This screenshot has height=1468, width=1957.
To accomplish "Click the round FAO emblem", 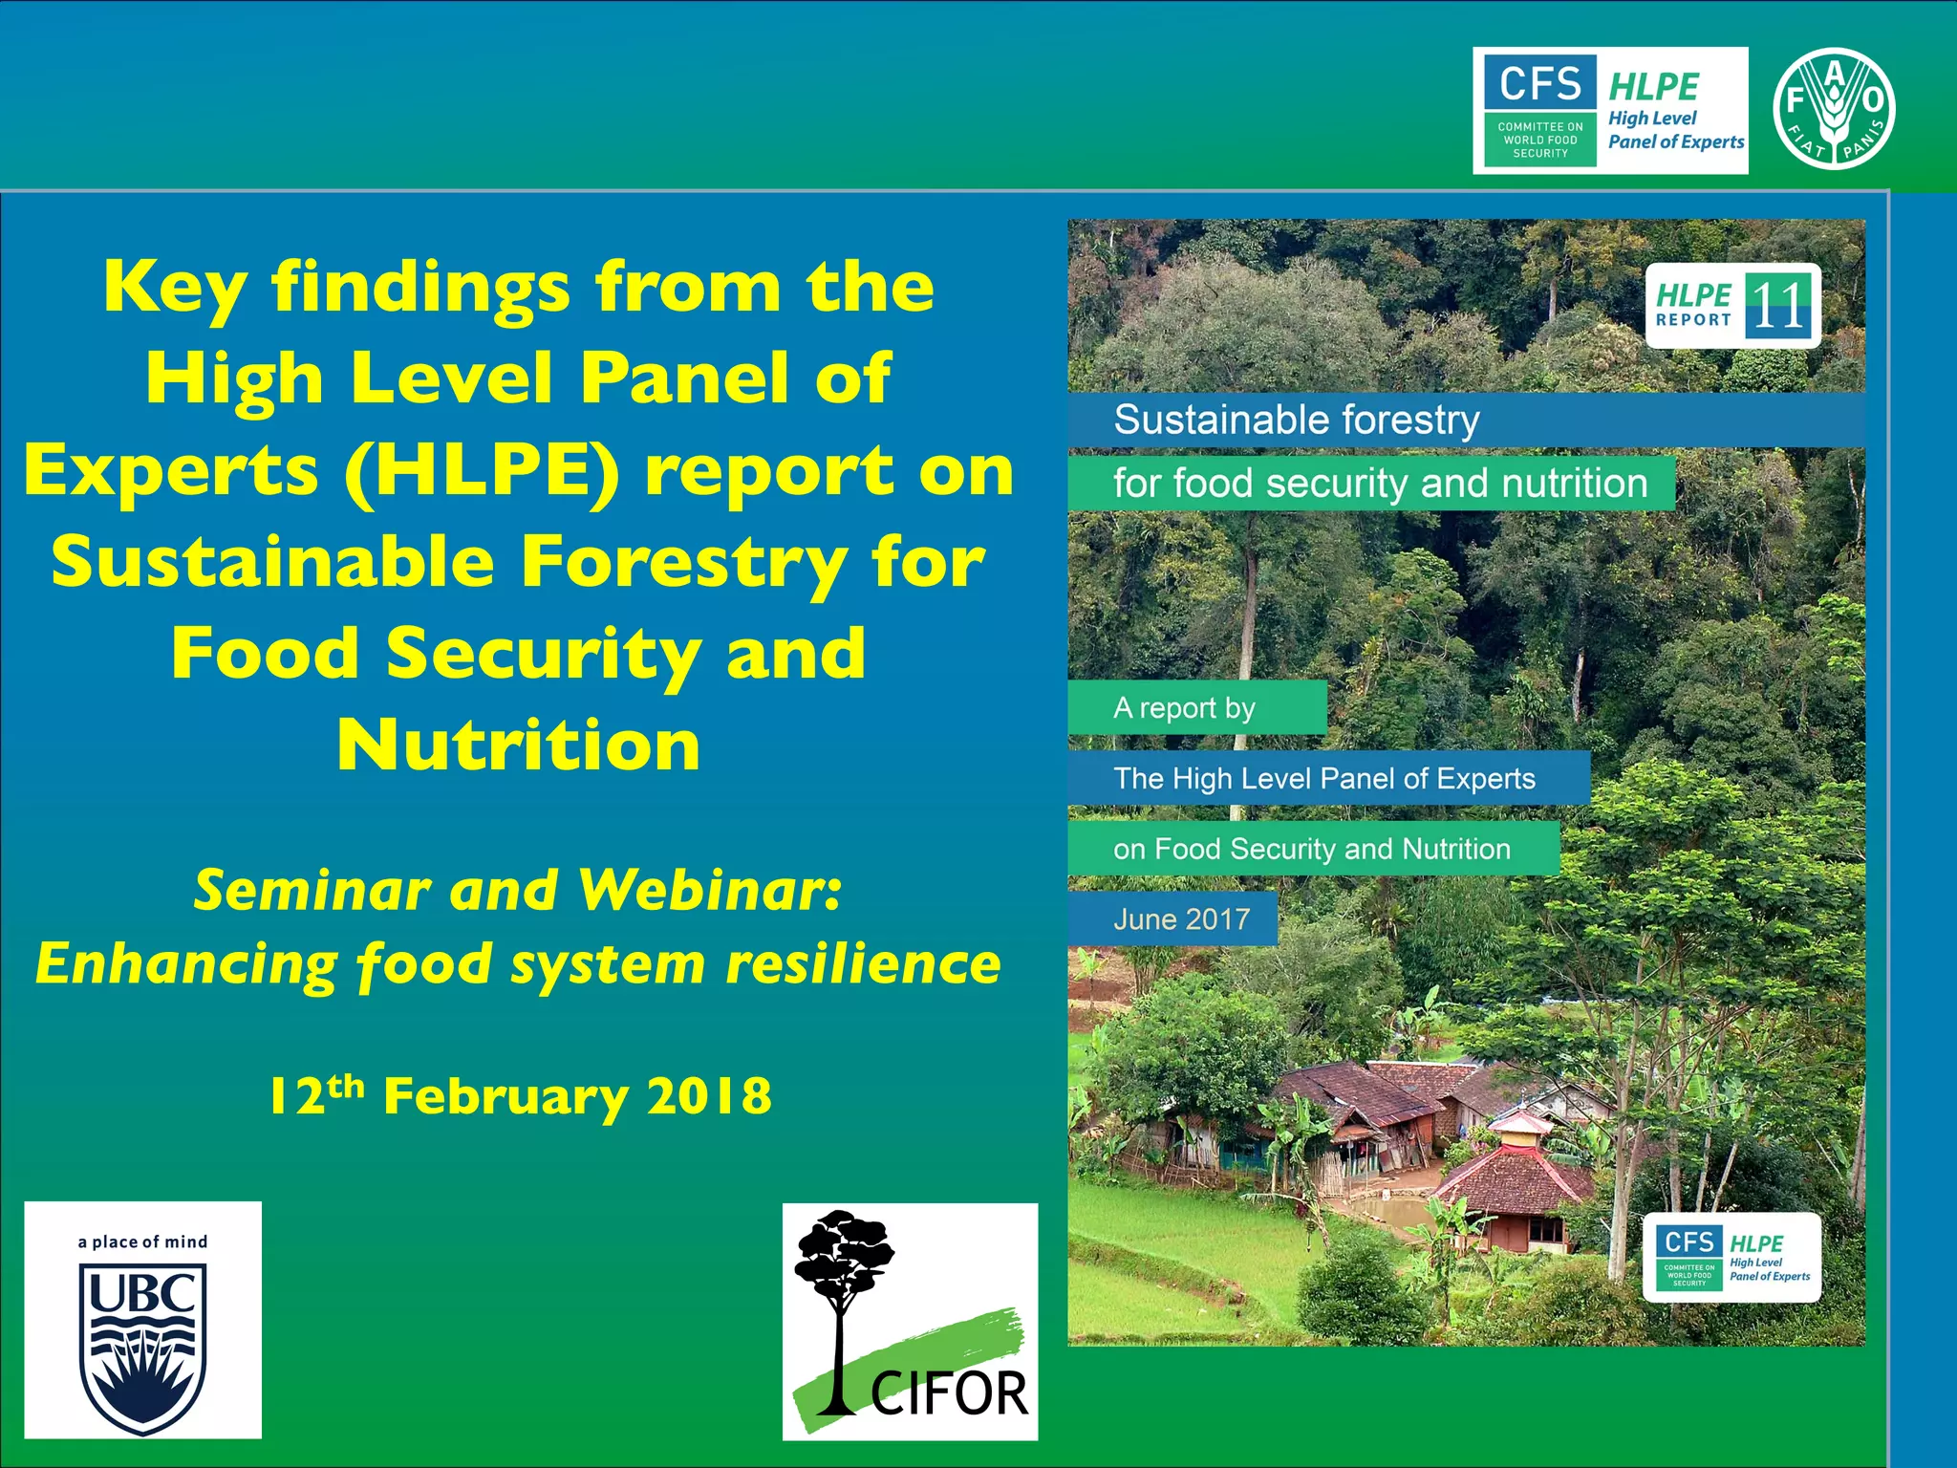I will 1834,109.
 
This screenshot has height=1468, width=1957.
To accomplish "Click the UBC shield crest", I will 142,1348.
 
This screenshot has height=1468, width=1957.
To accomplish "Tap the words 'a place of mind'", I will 142,1241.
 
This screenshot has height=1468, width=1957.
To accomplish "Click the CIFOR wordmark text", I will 949,1393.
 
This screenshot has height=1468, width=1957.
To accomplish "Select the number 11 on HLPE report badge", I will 1778,306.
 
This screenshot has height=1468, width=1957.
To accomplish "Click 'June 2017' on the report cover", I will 1181,919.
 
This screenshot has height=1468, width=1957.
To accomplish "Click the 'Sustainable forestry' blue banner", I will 1297,420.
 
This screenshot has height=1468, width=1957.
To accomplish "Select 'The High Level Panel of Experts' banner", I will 1324,778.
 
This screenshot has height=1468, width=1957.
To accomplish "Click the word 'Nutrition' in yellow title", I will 519,745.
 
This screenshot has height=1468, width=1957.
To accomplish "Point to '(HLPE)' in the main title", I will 483,470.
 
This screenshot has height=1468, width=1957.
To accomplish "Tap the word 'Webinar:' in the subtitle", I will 711,890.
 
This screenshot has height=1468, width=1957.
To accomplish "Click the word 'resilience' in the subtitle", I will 864,963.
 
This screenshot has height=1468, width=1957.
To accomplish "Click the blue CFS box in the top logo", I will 1539,83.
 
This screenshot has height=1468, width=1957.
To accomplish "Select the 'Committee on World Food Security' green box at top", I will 1539,140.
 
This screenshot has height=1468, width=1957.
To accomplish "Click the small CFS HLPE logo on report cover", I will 1731,1258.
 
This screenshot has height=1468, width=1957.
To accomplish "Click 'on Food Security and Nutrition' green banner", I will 1311,849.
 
